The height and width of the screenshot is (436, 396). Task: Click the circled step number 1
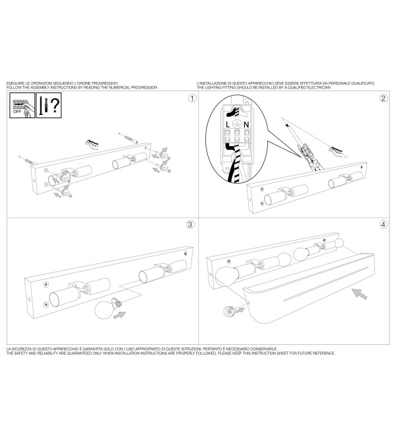tap(192, 98)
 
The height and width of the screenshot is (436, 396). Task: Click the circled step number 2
tap(383, 98)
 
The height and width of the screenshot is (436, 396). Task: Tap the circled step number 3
tap(190, 225)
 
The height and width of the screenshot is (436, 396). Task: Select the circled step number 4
tap(383, 225)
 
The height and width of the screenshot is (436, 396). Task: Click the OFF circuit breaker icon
tap(22, 105)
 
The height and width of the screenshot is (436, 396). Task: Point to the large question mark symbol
tap(55, 105)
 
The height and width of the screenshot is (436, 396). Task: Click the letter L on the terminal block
tap(228, 125)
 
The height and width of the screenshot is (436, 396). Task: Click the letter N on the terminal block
tap(246, 125)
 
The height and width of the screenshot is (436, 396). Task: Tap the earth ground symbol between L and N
tap(237, 124)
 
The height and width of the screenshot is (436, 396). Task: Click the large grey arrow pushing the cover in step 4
tap(359, 293)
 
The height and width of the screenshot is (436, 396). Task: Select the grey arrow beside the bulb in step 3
tap(119, 314)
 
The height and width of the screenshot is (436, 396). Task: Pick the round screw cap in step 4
tap(229, 311)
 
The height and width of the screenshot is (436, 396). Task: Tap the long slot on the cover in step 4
tap(326, 284)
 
